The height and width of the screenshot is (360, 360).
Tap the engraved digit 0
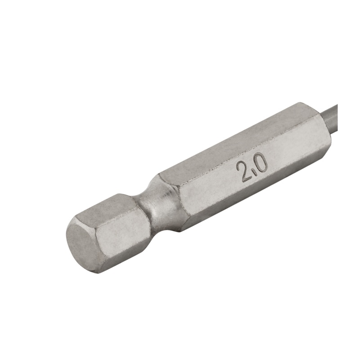261,162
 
